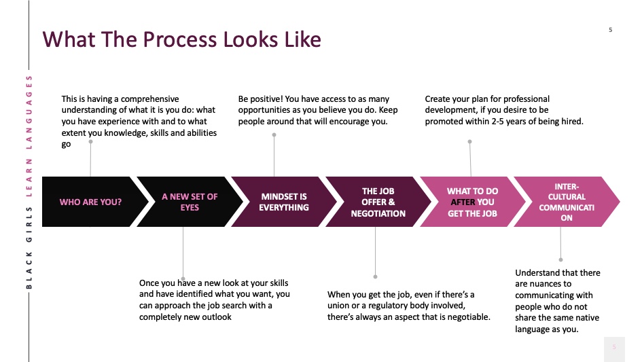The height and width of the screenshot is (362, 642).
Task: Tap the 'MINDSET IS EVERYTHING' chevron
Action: (x=284, y=202)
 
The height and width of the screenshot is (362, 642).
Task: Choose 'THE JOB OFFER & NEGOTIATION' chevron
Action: (x=378, y=202)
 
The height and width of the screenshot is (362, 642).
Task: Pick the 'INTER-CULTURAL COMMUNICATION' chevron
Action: (x=567, y=202)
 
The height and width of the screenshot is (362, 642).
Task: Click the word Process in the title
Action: (x=180, y=39)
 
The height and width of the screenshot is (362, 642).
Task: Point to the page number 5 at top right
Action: (x=611, y=30)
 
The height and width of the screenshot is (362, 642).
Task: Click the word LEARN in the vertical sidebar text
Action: (x=29, y=177)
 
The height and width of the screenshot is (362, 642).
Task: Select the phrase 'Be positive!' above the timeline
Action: (x=260, y=99)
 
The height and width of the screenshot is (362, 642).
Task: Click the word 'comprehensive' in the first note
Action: (x=150, y=100)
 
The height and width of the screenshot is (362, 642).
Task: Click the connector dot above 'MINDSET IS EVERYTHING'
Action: (x=274, y=134)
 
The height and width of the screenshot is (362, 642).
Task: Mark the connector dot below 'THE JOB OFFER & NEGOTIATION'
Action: (x=375, y=277)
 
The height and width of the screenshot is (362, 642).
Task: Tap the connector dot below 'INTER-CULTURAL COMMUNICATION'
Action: (x=560, y=259)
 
